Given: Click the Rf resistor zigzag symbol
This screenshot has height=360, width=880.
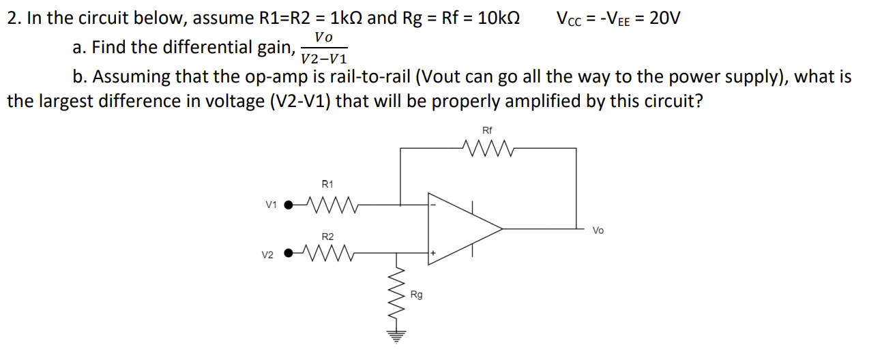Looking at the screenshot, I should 487,147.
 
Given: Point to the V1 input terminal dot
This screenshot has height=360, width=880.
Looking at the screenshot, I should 291,203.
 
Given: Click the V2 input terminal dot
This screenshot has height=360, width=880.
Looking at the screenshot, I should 291,254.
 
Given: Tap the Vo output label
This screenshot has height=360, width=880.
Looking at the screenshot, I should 598,230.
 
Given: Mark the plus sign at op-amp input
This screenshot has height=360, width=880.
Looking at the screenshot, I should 433,254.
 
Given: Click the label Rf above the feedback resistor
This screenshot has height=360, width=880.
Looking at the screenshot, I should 487,130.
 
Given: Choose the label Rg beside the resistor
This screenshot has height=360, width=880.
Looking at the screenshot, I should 416,295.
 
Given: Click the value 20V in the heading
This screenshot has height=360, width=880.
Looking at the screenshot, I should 664,18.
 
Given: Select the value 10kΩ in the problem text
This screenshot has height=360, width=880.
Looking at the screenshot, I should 499,18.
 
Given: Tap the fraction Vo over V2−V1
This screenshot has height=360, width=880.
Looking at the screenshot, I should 324,48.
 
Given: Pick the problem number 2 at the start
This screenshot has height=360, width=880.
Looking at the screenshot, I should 12,18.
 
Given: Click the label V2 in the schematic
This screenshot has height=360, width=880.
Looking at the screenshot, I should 268,255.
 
